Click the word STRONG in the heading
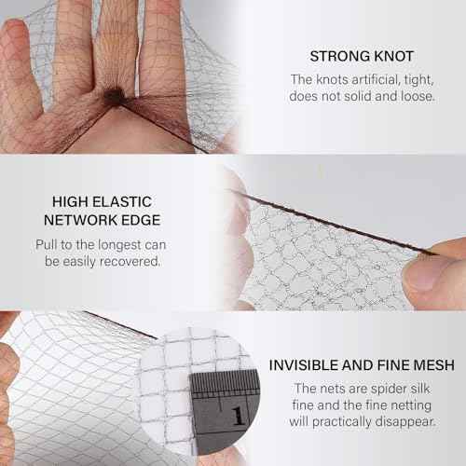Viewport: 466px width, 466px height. tap(339, 56)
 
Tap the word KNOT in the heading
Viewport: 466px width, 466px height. tap(393, 56)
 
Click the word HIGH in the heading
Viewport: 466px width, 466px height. tap(70, 201)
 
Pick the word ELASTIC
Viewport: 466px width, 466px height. tap(122, 201)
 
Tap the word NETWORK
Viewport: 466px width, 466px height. tap(80, 220)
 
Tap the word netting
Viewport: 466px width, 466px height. tap(411, 405)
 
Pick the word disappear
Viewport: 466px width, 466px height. tap(405, 422)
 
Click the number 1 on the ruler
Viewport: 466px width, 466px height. tap(238, 417)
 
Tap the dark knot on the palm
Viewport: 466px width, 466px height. tap(113, 95)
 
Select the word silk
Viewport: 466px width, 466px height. tap(420, 389)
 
